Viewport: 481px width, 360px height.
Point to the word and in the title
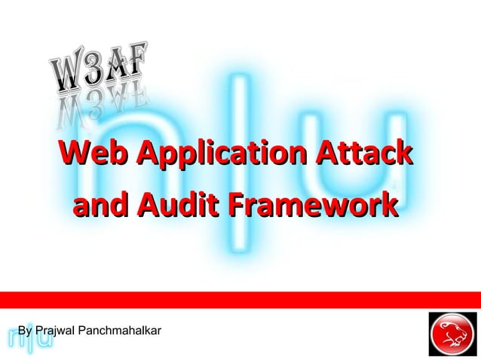[x=101, y=204]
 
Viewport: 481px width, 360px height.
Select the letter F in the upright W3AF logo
[x=136, y=59]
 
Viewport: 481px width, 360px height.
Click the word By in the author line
[x=25, y=331]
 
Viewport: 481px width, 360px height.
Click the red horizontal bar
[x=240, y=299]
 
